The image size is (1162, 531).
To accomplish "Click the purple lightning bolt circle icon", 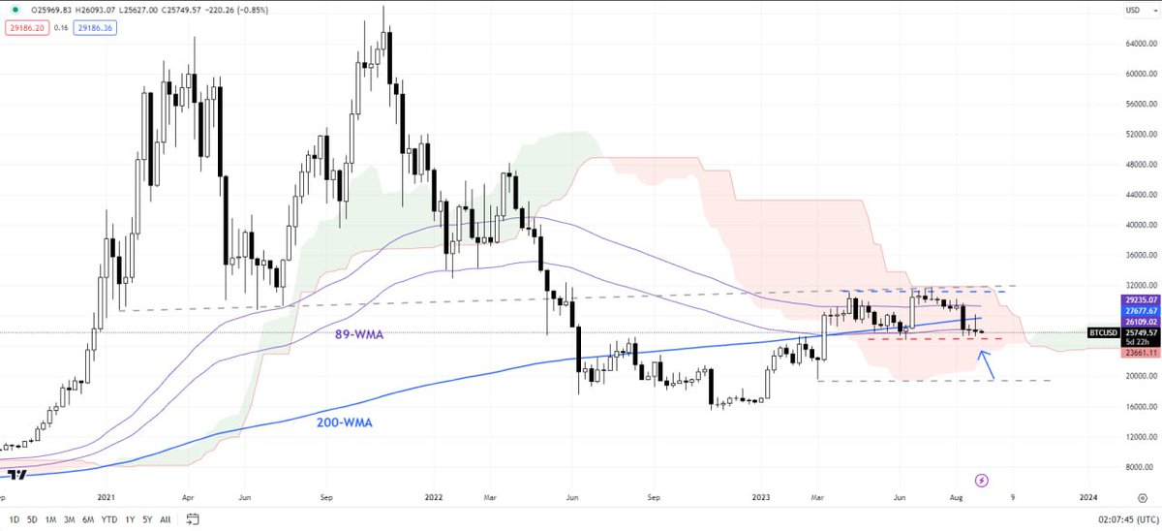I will (982, 480).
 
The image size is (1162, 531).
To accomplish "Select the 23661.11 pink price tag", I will (1140, 354).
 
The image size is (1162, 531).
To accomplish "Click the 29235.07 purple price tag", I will (1140, 299).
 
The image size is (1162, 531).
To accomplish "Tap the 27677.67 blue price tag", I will (1140, 309).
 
